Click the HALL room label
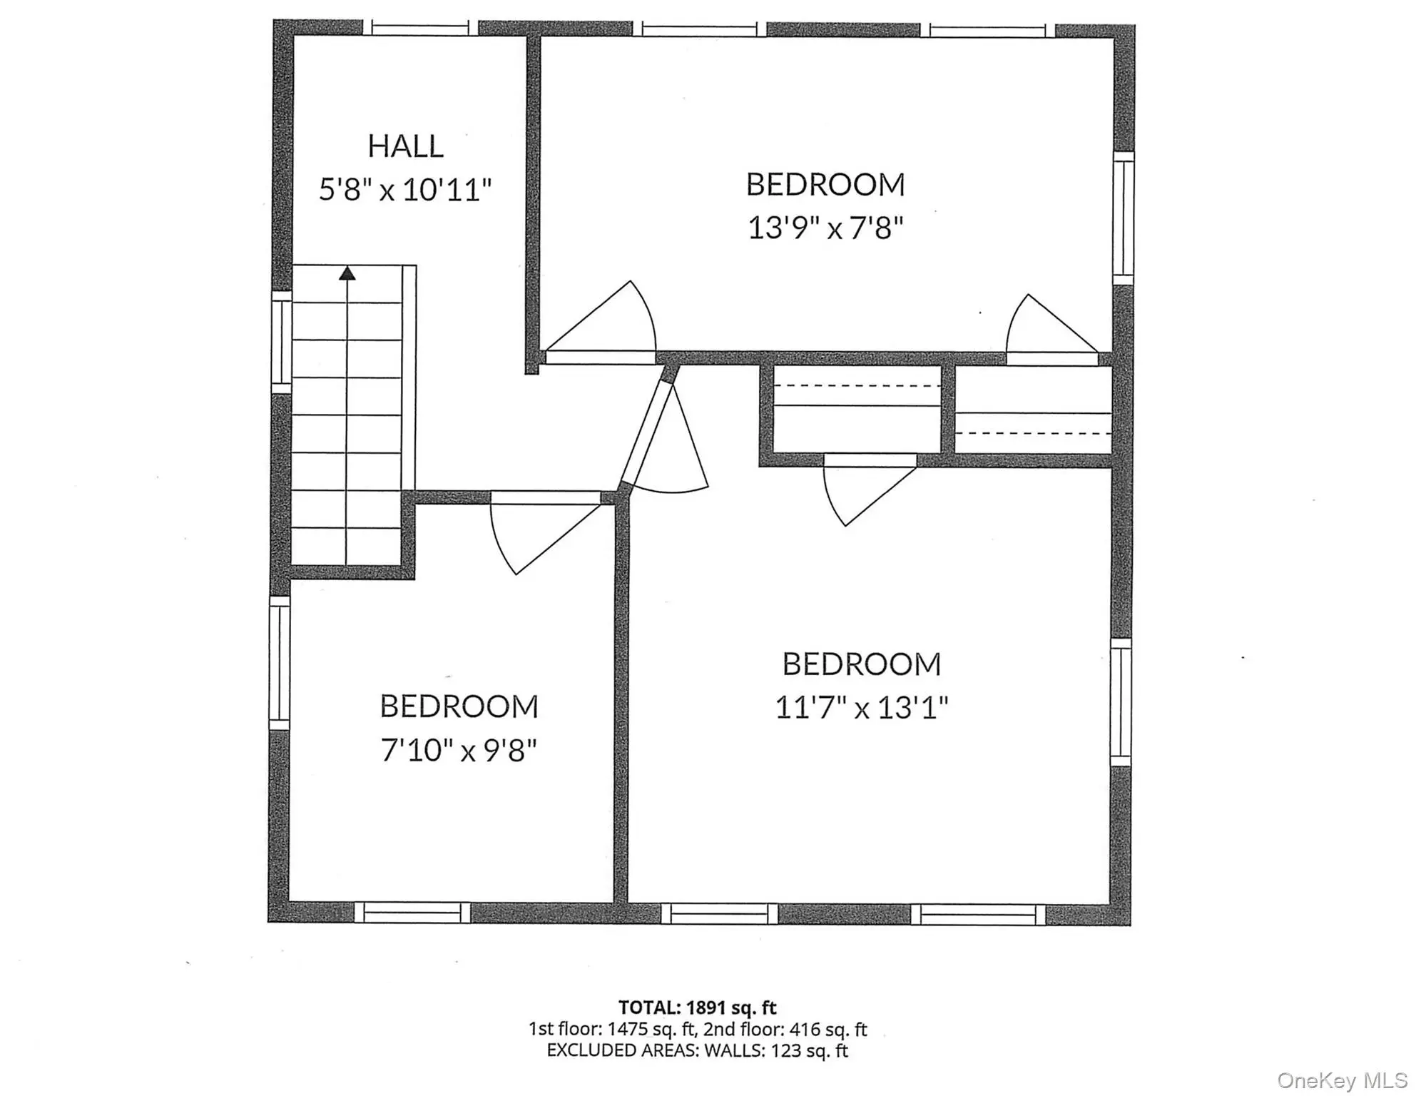pos(405,146)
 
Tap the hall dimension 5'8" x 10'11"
pos(404,191)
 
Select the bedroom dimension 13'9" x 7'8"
pos(825,229)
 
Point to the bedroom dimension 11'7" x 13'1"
pos(862,709)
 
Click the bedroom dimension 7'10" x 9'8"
pos(459,751)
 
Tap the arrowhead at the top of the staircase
pos(347,273)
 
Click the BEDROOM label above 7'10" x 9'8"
pos(459,706)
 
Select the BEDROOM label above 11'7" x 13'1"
pos(862,664)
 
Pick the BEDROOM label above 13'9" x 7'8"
pos(825,185)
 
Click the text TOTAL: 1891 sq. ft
pos(697,1008)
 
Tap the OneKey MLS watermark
pos(1342,1081)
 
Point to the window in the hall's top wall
pos(420,29)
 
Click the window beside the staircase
pos(282,342)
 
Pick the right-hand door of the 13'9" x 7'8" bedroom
pos(1051,329)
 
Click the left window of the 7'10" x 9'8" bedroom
pos(280,663)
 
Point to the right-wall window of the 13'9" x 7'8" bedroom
pos(1124,218)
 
